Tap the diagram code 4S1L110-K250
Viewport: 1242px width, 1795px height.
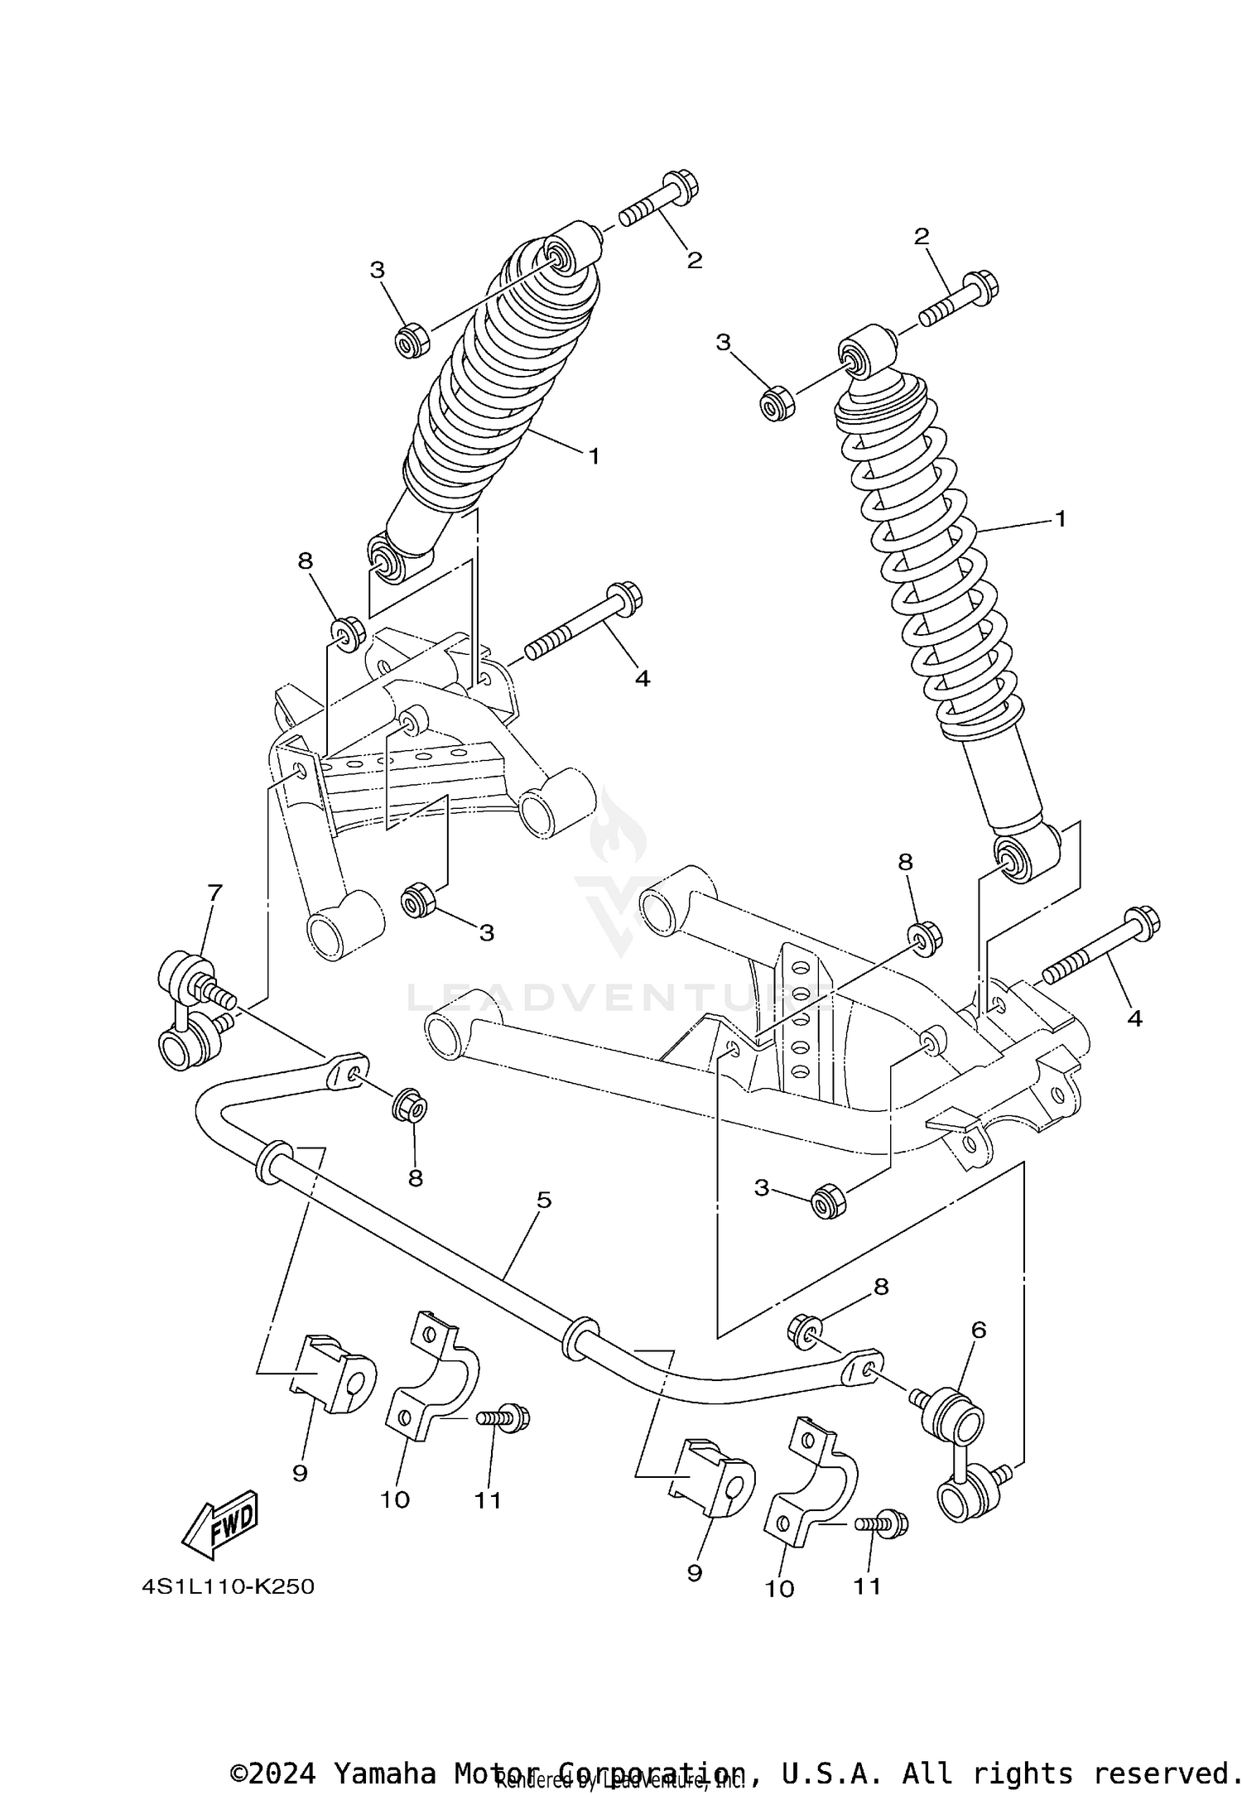click(228, 1586)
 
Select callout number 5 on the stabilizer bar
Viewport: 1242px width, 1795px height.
click(543, 1200)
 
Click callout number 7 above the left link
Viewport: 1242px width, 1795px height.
click(214, 893)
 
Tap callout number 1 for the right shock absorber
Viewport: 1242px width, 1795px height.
click(1060, 519)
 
